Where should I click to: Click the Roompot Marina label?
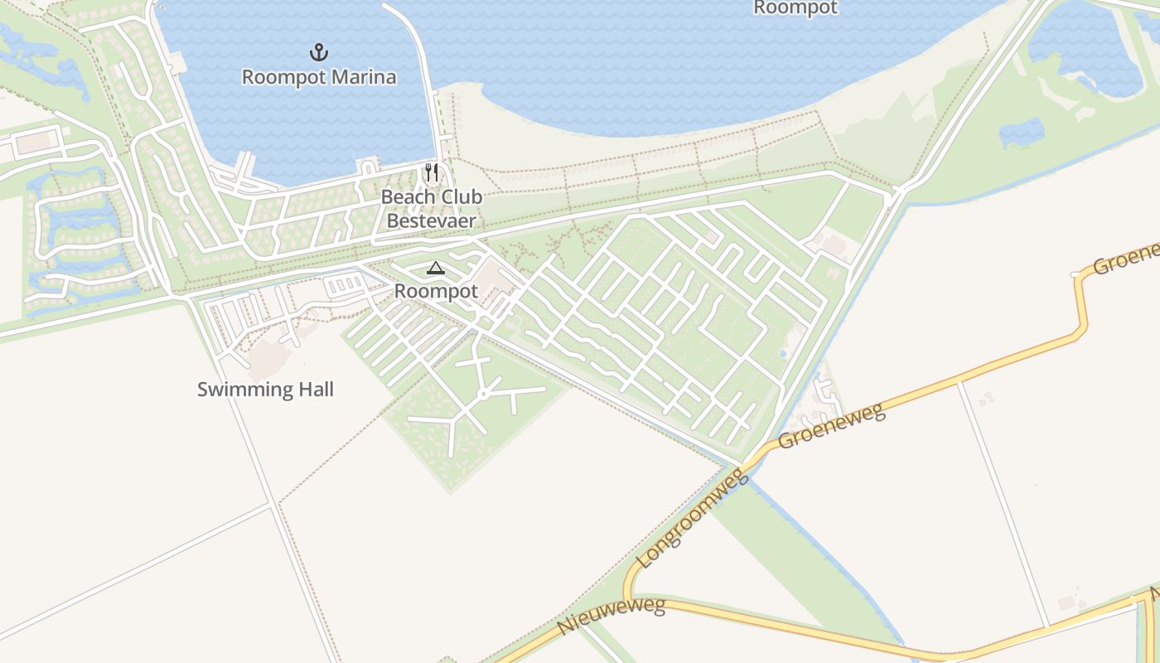[x=319, y=77]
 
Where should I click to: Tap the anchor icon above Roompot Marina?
[x=319, y=53]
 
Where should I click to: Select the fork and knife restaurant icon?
[x=432, y=172]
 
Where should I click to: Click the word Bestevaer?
[x=432, y=221]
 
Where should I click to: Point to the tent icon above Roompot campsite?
[x=435, y=268]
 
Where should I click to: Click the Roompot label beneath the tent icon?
[x=437, y=291]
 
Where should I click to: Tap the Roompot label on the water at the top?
[x=795, y=8]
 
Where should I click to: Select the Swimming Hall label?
[x=265, y=390]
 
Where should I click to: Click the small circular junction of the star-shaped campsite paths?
[x=482, y=394]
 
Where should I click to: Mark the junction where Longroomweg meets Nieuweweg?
[x=627, y=599]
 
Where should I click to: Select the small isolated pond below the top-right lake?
[x=1021, y=133]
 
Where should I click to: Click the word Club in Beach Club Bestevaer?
[x=456, y=198]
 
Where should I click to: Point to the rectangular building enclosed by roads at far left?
[x=34, y=143]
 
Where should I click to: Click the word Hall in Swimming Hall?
[x=312, y=390]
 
